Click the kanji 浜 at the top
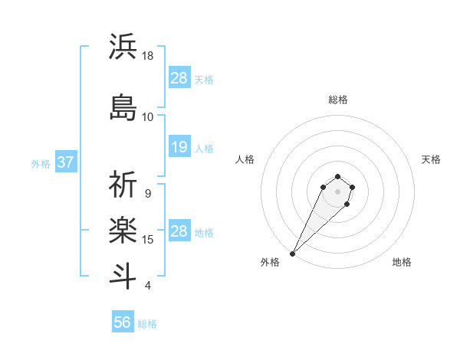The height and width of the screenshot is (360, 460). [x=123, y=47]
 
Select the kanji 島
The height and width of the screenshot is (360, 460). [x=123, y=106]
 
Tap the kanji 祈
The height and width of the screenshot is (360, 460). [x=123, y=185]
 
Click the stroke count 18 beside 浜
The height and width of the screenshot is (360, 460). [x=148, y=56]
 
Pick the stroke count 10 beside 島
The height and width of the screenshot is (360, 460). [x=148, y=116]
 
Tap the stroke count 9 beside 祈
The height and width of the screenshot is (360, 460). [x=148, y=194]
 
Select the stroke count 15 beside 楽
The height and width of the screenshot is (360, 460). [x=148, y=240]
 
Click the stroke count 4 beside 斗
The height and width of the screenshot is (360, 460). [x=148, y=286]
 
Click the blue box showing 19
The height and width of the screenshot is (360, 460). [x=179, y=147]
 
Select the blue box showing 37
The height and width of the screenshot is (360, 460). [x=65, y=162]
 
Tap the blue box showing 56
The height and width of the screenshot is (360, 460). [x=123, y=322]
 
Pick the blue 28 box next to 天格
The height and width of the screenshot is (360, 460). [x=179, y=78]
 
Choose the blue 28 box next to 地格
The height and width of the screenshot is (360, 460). [x=179, y=231]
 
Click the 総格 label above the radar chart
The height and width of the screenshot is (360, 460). [x=338, y=100]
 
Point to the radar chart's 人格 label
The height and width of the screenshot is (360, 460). [x=245, y=159]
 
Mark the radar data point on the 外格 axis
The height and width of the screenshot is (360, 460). [x=292, y=254]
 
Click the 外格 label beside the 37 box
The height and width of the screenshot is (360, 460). [x=40, y=163]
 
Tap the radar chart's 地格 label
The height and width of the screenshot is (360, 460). [x=402, y=262]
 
